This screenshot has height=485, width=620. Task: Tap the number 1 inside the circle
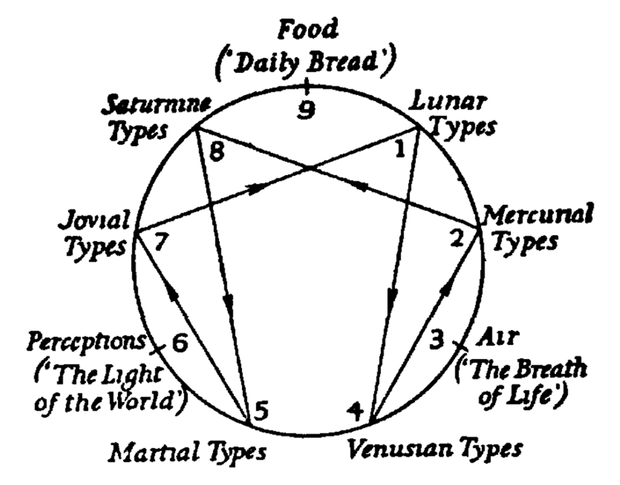(x=398, y=147)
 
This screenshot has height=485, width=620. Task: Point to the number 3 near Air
(x=435, y=339)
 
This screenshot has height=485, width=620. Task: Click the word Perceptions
(x=86, y=340)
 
